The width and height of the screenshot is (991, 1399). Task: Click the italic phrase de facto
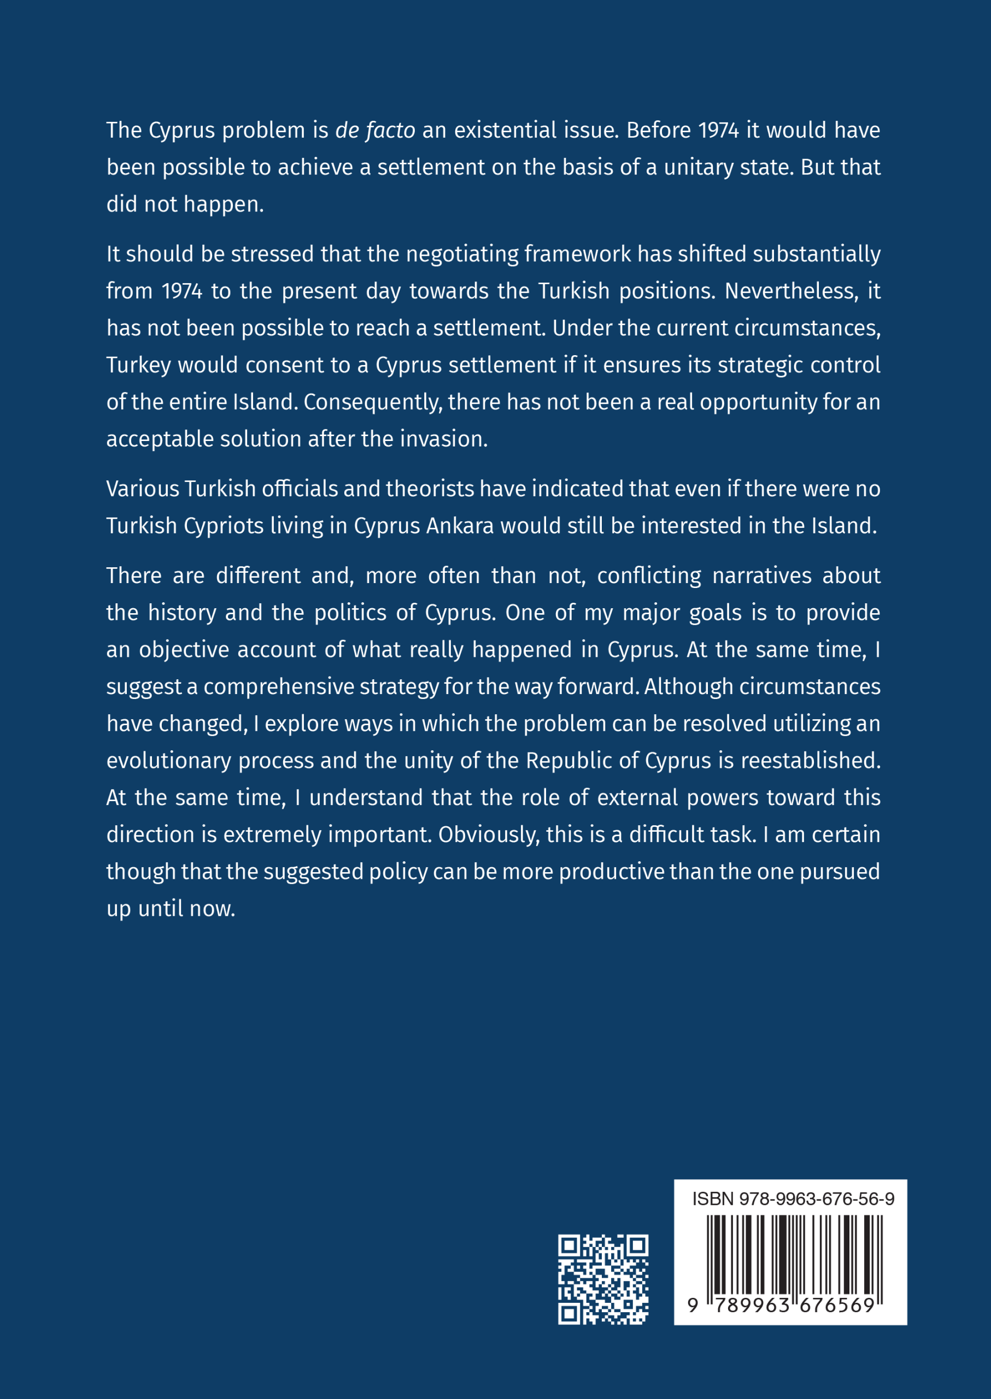(376, 131)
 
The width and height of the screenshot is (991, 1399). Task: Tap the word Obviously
(489, 834)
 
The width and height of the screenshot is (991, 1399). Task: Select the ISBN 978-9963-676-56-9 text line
(793, 1199)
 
